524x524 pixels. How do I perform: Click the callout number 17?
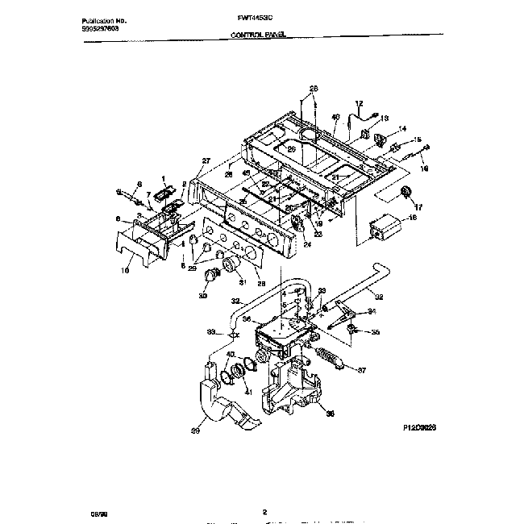click(x=418, y=206)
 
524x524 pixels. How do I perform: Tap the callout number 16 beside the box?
click(x=412, y=218)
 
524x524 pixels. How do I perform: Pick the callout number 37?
click(x=360, y=372)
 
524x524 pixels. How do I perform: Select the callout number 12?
click(x=360, y=103)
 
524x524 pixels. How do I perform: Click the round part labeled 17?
click(x=404, y=191)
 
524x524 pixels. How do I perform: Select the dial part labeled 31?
click(x=231, y=266)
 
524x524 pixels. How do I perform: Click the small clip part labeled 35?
click(x=355, y=328)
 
